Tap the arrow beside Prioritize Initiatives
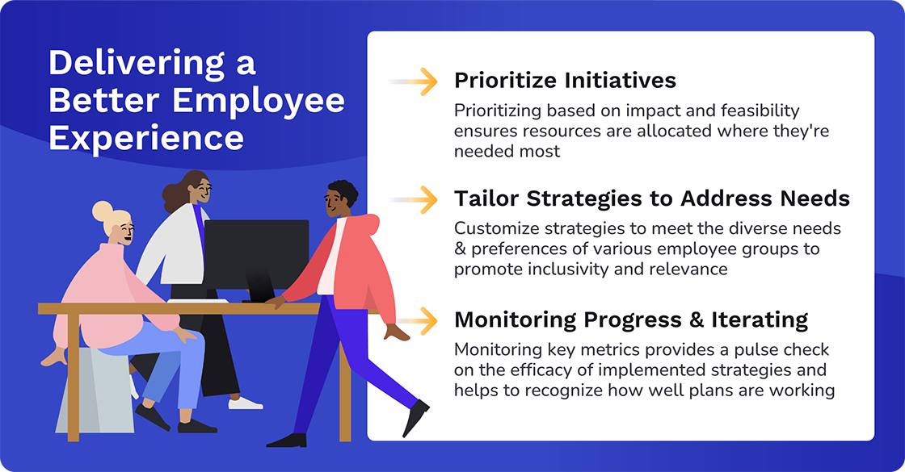point(419,81)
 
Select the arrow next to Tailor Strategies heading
point(419,199)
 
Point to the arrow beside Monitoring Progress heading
point(419,320)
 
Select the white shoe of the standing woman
point(245,402)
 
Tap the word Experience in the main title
point(146,138)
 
